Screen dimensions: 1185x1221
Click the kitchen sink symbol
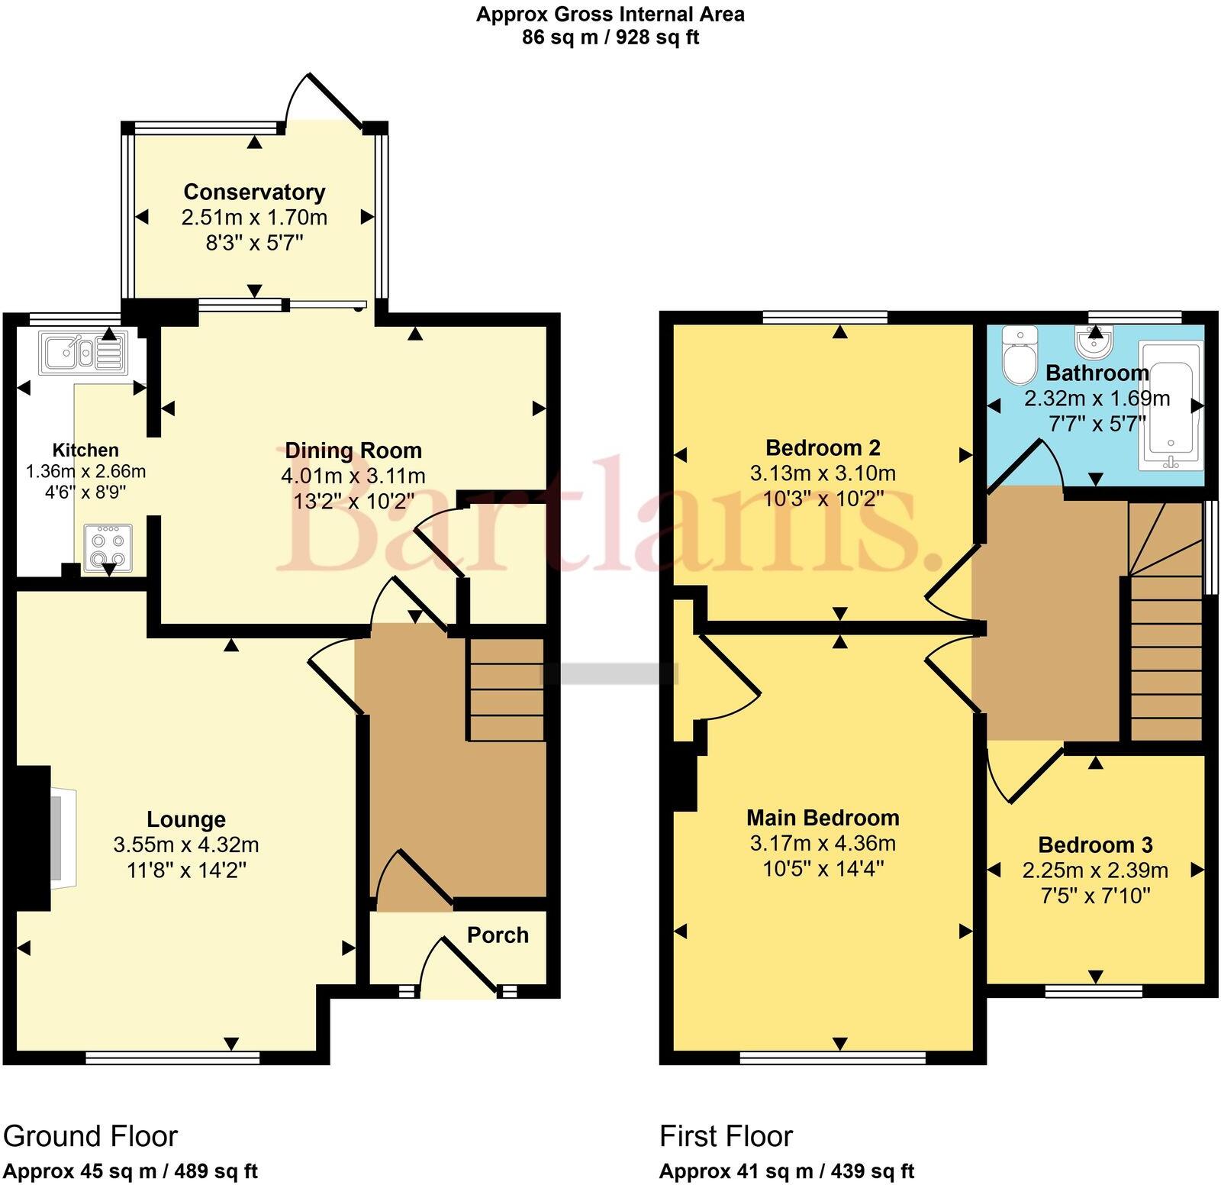83,354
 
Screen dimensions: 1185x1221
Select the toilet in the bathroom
1017,357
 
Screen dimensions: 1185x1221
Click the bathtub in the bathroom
1170,405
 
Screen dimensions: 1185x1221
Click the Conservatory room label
254,192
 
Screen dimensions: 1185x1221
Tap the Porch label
498,935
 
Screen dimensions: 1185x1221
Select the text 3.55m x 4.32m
186,845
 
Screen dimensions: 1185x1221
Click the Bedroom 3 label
1095,845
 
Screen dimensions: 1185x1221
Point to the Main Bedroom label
823,819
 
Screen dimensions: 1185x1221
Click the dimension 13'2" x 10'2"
353,501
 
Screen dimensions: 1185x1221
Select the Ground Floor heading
91,1136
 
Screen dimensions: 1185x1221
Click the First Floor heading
726,1136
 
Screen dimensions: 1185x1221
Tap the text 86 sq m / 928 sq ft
610,37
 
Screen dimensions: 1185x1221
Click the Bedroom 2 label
823,447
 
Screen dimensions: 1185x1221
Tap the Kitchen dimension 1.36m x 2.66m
85,472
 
